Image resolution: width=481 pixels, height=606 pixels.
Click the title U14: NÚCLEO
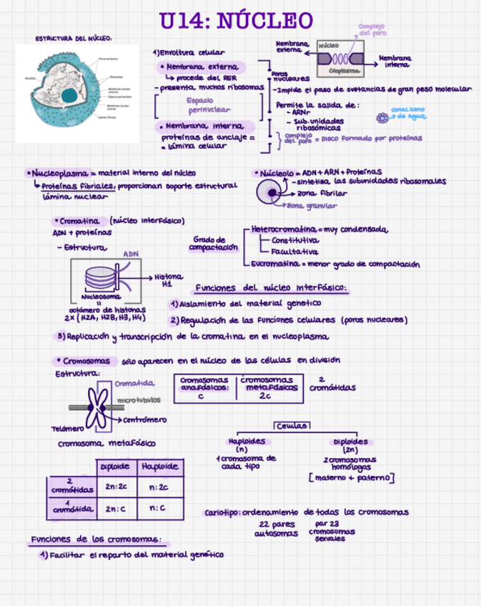point(236,21)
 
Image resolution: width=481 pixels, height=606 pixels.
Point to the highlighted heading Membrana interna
point(203,126)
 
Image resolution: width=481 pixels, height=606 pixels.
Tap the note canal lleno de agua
point(411,112)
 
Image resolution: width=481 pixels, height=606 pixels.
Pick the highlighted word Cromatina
point(79,221)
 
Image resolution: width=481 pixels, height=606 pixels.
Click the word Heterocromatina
point(284,229)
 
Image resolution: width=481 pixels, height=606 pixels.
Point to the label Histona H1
point(168,280)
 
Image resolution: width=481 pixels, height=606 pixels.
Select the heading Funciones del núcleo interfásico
point(271,288)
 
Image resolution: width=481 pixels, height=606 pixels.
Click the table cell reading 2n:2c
point(115,487)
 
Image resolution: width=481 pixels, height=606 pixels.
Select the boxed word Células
point(291,425)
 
